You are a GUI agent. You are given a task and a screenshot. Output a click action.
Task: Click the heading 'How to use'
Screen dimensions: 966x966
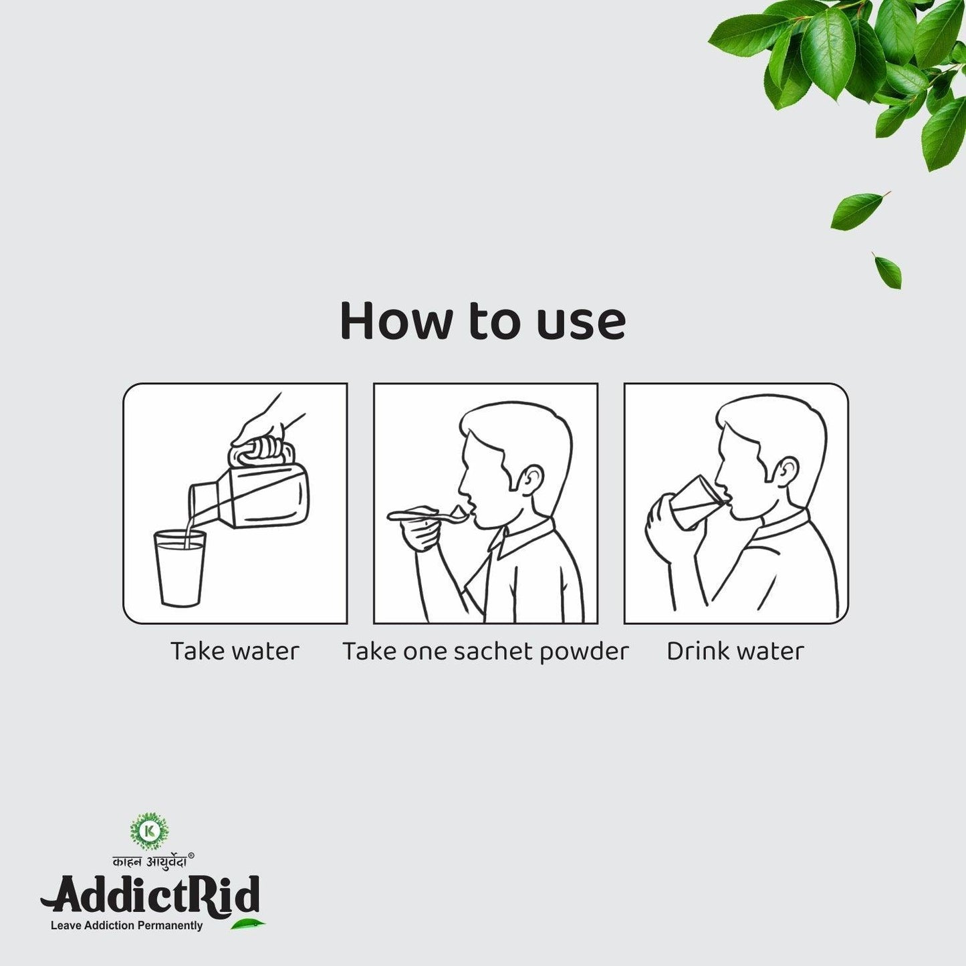(483, 322)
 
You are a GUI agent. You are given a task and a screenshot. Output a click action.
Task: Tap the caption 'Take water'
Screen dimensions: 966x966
(235, 651)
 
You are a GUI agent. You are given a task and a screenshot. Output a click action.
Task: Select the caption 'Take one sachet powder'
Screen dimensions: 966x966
(485, 652)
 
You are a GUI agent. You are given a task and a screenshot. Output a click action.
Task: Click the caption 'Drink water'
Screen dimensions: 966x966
(735, 651)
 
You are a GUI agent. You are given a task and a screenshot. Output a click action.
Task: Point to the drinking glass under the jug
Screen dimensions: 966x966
(179, 568)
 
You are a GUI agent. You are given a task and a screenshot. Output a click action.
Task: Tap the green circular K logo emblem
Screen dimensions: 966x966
(149, 831)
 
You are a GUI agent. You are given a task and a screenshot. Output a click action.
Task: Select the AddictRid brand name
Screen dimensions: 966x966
(150, 894)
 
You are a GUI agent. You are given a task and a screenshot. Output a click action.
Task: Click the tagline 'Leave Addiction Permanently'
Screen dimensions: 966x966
(126, 926)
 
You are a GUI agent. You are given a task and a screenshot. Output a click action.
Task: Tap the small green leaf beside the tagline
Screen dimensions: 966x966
(248, 925)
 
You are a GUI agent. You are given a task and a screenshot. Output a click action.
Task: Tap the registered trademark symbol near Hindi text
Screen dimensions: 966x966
(191, 855)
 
